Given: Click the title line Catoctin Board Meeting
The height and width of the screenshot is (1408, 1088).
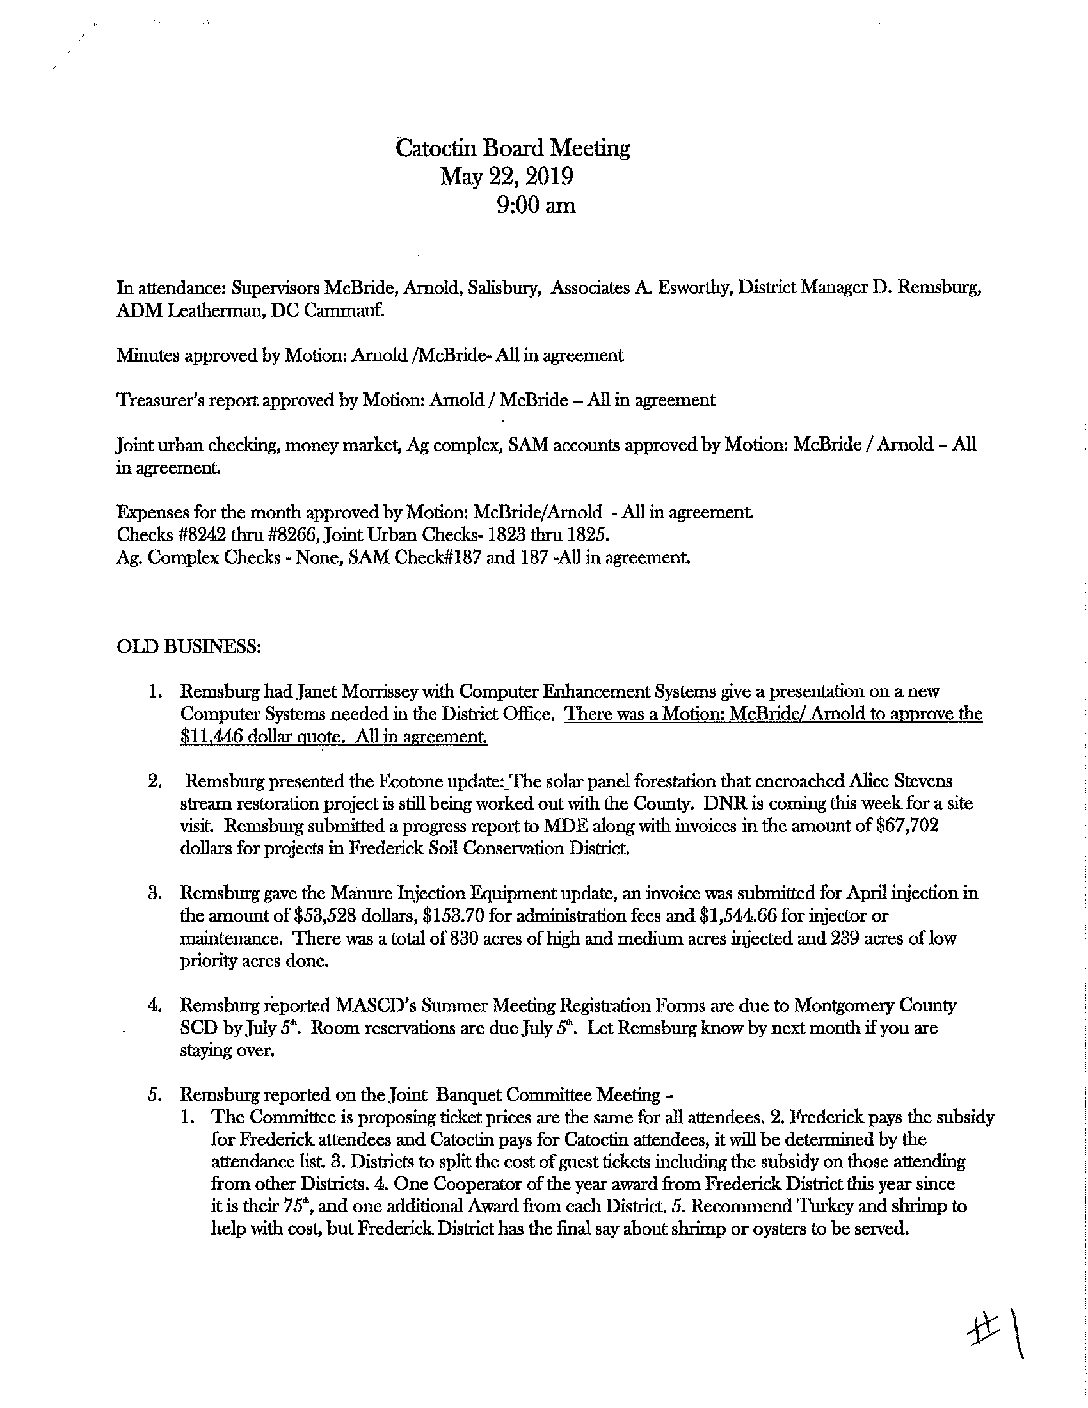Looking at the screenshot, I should [513, 148].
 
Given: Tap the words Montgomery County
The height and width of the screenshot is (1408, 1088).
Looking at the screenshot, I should [879, 1005].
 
